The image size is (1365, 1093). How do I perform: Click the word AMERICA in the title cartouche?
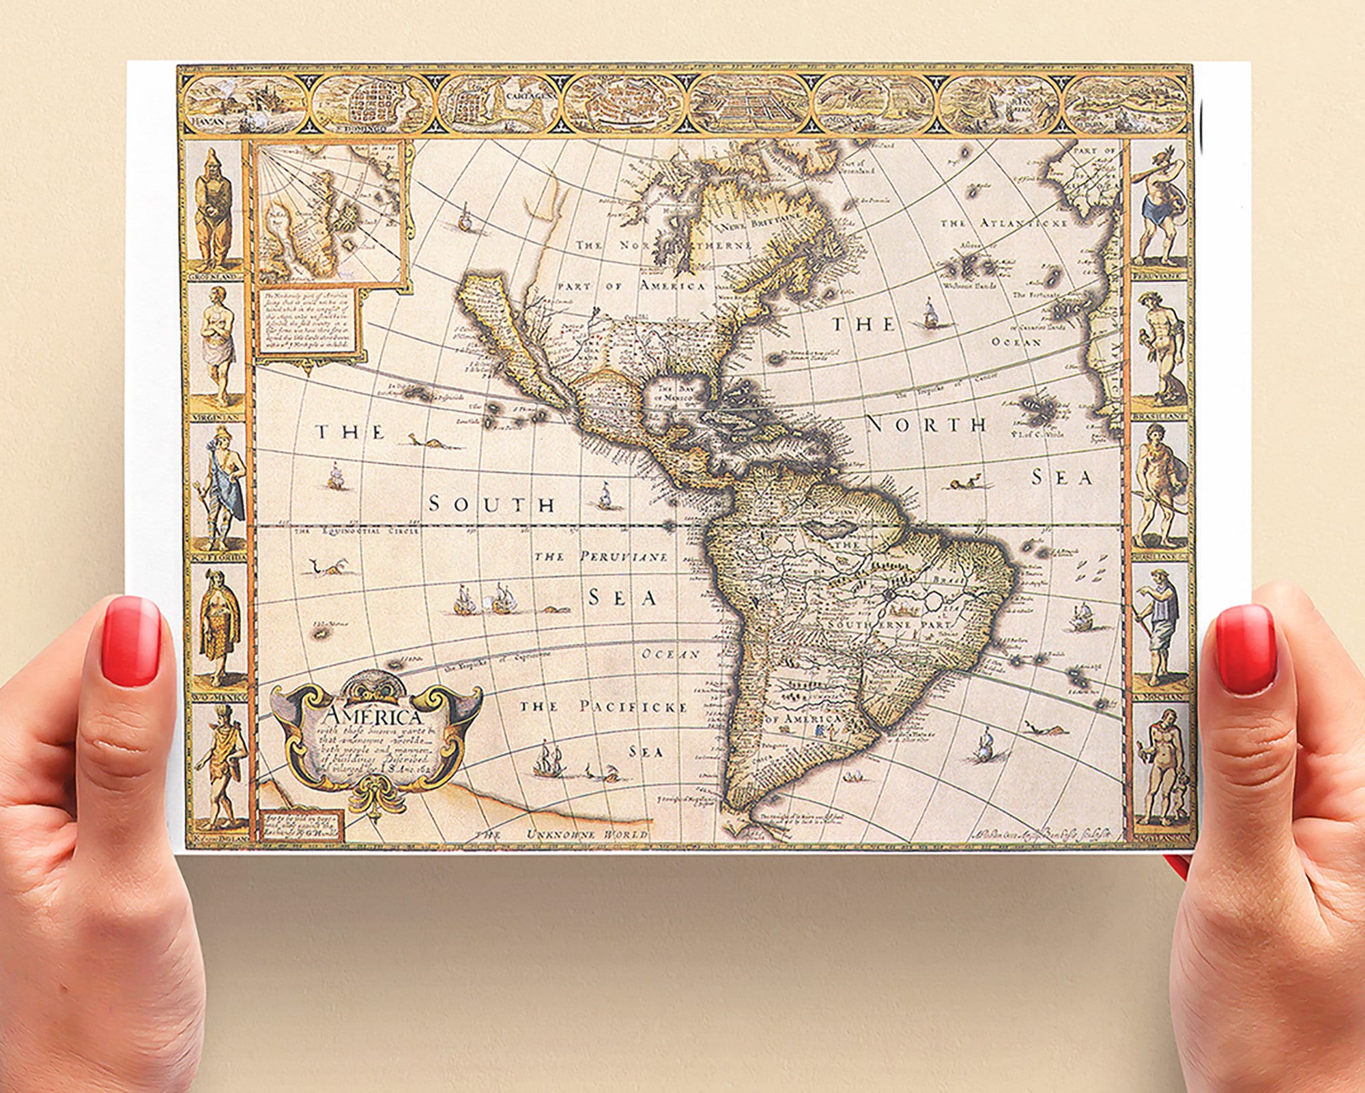374,718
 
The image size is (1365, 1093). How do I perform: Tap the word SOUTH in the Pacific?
491,505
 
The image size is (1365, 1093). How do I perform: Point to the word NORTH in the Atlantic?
927,425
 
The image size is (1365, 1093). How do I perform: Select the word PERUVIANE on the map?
624,557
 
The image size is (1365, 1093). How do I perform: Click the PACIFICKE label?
633,706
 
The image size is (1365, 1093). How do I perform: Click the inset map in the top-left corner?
330,212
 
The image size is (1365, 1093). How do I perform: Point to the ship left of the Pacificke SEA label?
549,758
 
